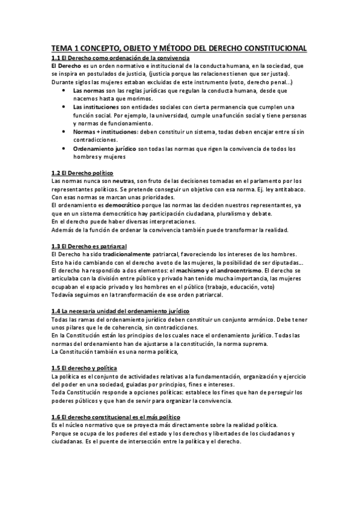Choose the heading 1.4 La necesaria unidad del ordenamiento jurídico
121,311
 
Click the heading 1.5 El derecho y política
84,367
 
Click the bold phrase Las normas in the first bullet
95,90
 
